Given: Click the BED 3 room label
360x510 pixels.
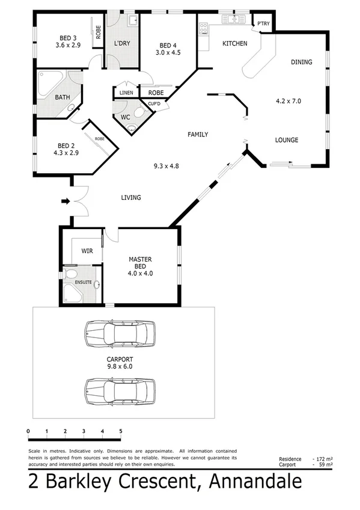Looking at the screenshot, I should tap(67, 36).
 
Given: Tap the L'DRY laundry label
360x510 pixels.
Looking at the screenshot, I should tap(123, 44).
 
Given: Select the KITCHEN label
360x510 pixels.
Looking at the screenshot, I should tap(235, 44).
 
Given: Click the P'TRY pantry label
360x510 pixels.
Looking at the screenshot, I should tap(263, 24).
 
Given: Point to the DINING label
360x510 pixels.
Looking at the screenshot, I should tap(301, 62).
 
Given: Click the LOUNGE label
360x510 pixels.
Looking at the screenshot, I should tap(287, 140).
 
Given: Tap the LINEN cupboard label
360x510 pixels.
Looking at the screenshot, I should tap(126, 93).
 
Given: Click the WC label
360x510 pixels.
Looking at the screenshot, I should tap(126, 117).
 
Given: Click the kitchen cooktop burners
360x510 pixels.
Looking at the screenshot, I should tap(203, 28).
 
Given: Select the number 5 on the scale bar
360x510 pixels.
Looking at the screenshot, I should tap(121, 431).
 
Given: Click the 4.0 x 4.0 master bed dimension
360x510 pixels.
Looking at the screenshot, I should tap(141, 272).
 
